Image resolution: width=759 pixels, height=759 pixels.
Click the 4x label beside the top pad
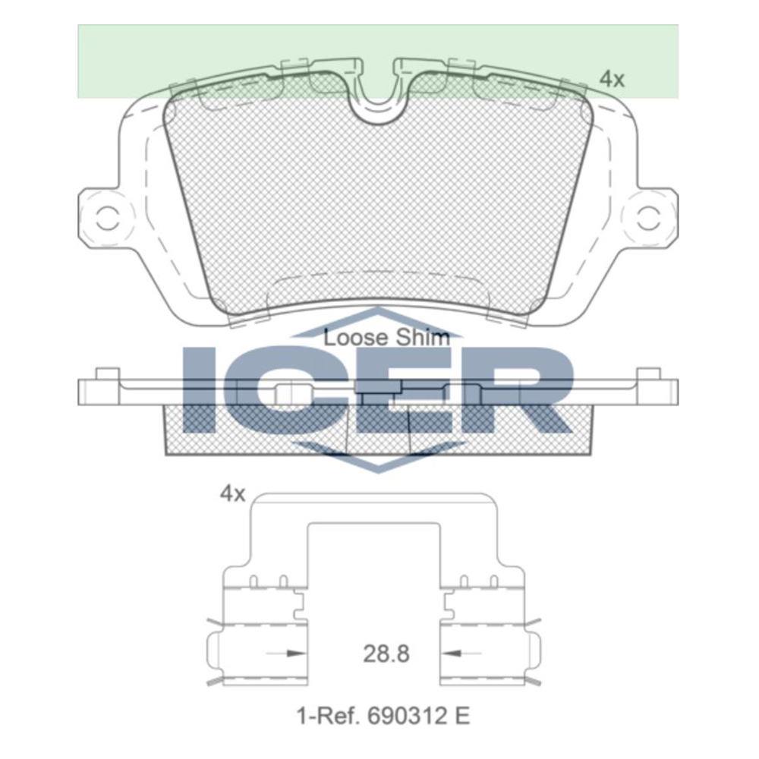[612, 78]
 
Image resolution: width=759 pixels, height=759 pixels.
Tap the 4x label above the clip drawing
[232, 494]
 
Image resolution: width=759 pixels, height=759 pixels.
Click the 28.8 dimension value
[386, 653]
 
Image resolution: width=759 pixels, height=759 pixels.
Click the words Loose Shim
[386, 338]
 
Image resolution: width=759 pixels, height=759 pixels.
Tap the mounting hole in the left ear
[106, 219]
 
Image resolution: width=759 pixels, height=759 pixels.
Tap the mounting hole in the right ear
[649, 219]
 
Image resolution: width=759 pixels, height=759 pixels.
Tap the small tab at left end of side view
[108, 373]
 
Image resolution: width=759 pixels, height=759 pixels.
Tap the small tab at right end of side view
[647, 373]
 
